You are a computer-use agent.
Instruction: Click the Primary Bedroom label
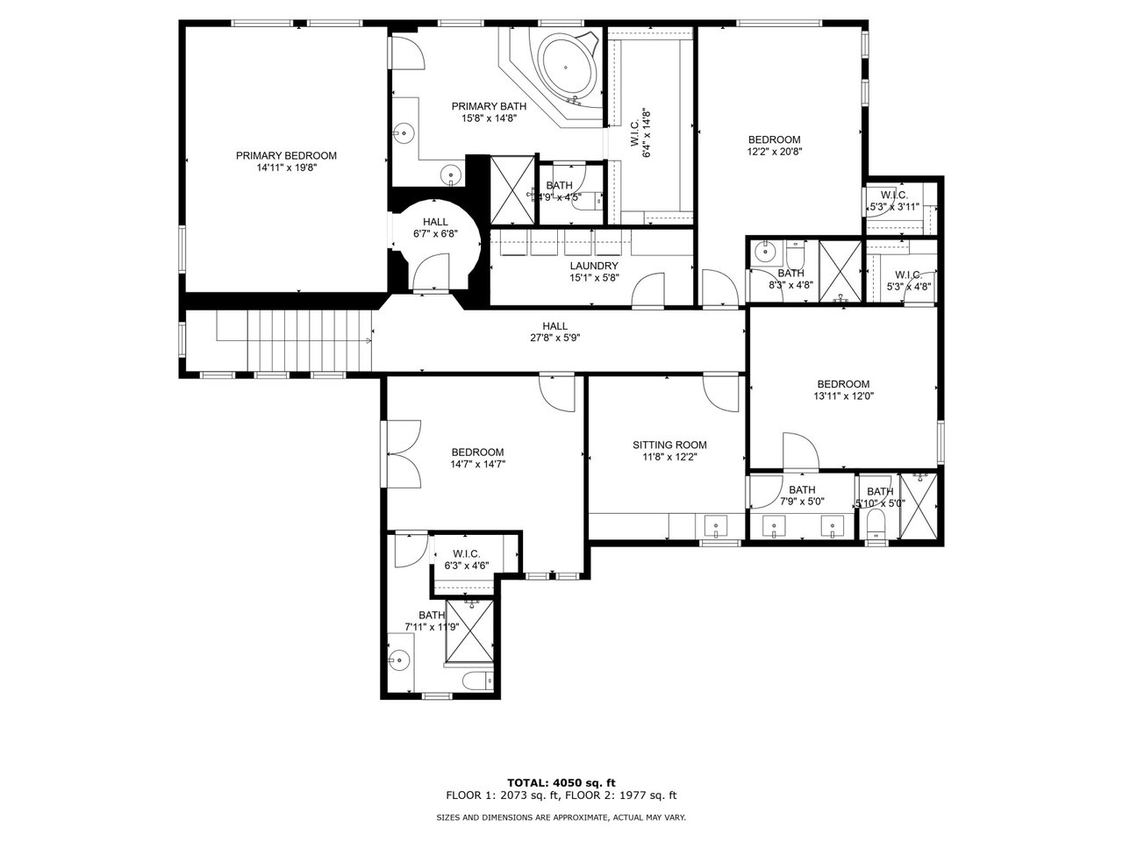[286, 156]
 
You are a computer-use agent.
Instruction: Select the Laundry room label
[594, 266]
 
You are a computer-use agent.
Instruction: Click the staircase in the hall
[307, 342]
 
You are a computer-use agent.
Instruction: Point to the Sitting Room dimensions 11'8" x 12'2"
[669, 457]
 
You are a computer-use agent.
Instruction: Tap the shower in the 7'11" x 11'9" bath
[471, 631]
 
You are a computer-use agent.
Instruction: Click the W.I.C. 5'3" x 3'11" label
[893, 201]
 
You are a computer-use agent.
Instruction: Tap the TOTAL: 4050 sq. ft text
[561, 782]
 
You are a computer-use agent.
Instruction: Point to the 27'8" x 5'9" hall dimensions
[554, 338]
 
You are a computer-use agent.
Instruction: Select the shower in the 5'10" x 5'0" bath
[919, 508]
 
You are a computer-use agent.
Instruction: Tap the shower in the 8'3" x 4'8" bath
[840, 271]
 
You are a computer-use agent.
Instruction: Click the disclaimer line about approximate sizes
[561, 817]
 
